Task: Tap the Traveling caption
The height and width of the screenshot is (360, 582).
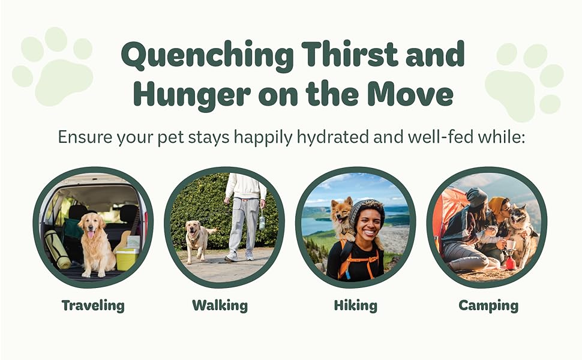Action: pyautogui.click(x=93, y=305)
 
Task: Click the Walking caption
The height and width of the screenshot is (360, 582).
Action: pyautogui.click(x=220, y=305)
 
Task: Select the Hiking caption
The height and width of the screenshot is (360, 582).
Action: pyautogui.click(x=356, y=305)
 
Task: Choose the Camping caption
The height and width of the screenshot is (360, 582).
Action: pyautogui.click(x=488, y=305)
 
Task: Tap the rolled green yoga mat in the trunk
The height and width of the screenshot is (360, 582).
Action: pyautogui.click(x=58, y=248)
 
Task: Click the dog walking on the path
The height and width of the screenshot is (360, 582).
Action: pyautogui.click(x=197, y=240)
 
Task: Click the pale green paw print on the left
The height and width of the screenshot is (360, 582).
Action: pyautogui.click(x=54, y=66)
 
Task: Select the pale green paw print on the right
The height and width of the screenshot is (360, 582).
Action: pyautogui.click(x=525, y=78)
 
